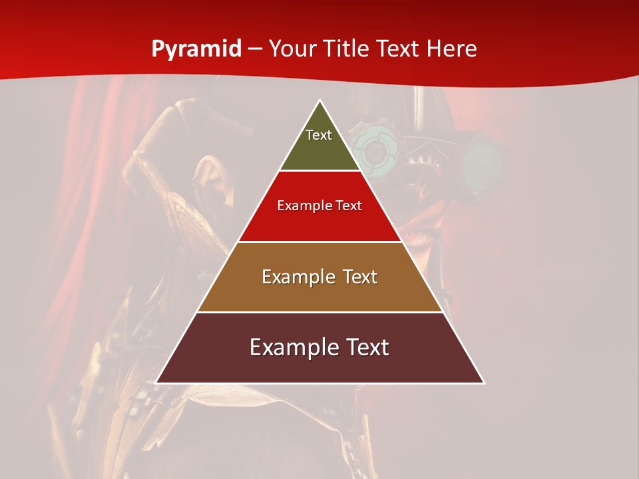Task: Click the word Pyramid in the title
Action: pyautogui.click(x=196, y=49)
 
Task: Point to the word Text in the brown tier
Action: pyautogui.click(x=360, y=277)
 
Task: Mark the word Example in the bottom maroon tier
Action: pyautogui.click(x=291, y=347)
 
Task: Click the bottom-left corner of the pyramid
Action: pyautogui.click(x=157, y=382)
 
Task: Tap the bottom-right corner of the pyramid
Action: pyautogui.click(x=483, y=382)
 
